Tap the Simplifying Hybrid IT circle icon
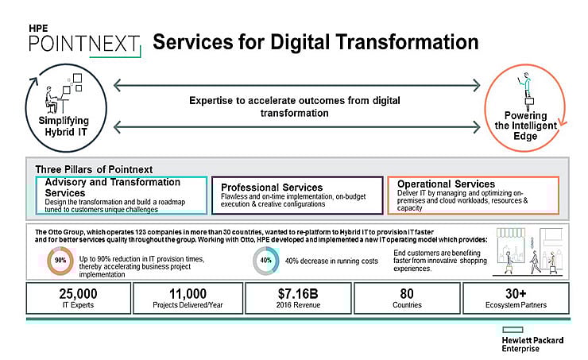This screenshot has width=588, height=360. coord(56,104)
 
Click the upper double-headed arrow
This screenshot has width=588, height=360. coord(297,83)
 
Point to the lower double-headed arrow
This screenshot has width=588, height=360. coord(297,126)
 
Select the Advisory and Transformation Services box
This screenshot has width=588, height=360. coord(122,195)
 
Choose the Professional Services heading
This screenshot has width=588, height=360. coord(271,188)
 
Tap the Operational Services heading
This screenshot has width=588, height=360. coord(446,184)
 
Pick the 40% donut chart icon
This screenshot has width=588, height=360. coord(266,261)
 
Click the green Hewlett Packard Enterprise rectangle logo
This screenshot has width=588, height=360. coord(517,330)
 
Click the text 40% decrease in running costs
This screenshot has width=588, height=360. coord(332,261)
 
